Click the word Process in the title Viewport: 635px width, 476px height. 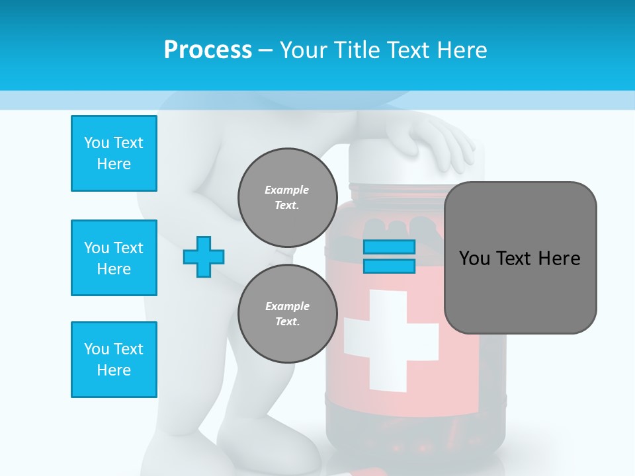208,50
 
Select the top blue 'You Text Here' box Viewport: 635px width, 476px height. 114,153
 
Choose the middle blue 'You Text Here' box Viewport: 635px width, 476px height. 114,258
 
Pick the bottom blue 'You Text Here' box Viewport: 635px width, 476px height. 114,360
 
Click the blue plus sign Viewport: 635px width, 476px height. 204,257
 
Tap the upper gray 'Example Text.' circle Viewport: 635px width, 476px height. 287,197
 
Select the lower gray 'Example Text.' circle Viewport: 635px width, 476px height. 287,313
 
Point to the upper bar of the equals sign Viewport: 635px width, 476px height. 389,247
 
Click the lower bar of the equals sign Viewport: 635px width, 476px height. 389,266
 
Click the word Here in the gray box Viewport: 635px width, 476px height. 559,258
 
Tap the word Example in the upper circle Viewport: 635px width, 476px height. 287,190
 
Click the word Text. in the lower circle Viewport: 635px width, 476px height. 287,322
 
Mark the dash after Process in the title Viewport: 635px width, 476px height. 265,50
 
